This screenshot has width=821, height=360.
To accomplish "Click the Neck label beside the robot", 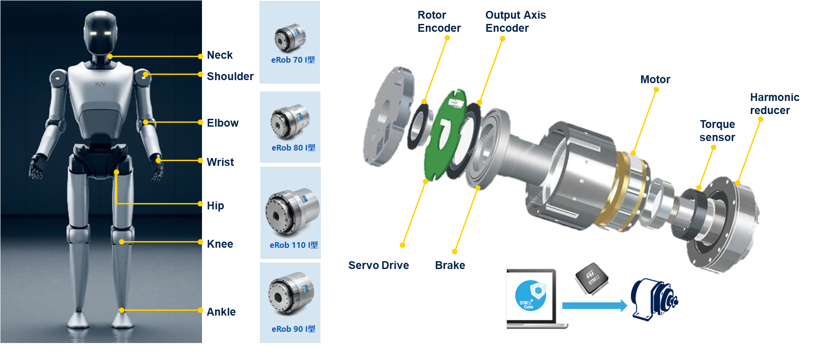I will (x=219, y=55).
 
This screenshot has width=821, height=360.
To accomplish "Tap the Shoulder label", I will (x=230, y=77).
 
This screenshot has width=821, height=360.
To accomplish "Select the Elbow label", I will (x=222, y=123).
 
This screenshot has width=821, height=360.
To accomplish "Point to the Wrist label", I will (x=220, y=162).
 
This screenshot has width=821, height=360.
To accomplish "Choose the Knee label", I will (x=220, y=244).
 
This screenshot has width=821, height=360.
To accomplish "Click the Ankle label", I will (x=221, y=312).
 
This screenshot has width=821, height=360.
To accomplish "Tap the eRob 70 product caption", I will (x=293, y=60).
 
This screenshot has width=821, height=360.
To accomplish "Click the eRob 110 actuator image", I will (x=291, y=212).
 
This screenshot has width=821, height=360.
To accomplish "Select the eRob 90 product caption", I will (x=293, y=329).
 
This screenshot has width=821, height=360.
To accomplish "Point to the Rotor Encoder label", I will (x=439, y=22).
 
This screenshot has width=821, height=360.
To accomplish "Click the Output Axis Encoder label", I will (x=515, y=22).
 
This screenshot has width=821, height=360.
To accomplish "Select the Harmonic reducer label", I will (x=774, y=104).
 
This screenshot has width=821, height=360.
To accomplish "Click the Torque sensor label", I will (x=717, y=131).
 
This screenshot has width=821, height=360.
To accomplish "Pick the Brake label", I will (x=450, y=266).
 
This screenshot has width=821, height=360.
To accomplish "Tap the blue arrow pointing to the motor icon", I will (x=594, y=306).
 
